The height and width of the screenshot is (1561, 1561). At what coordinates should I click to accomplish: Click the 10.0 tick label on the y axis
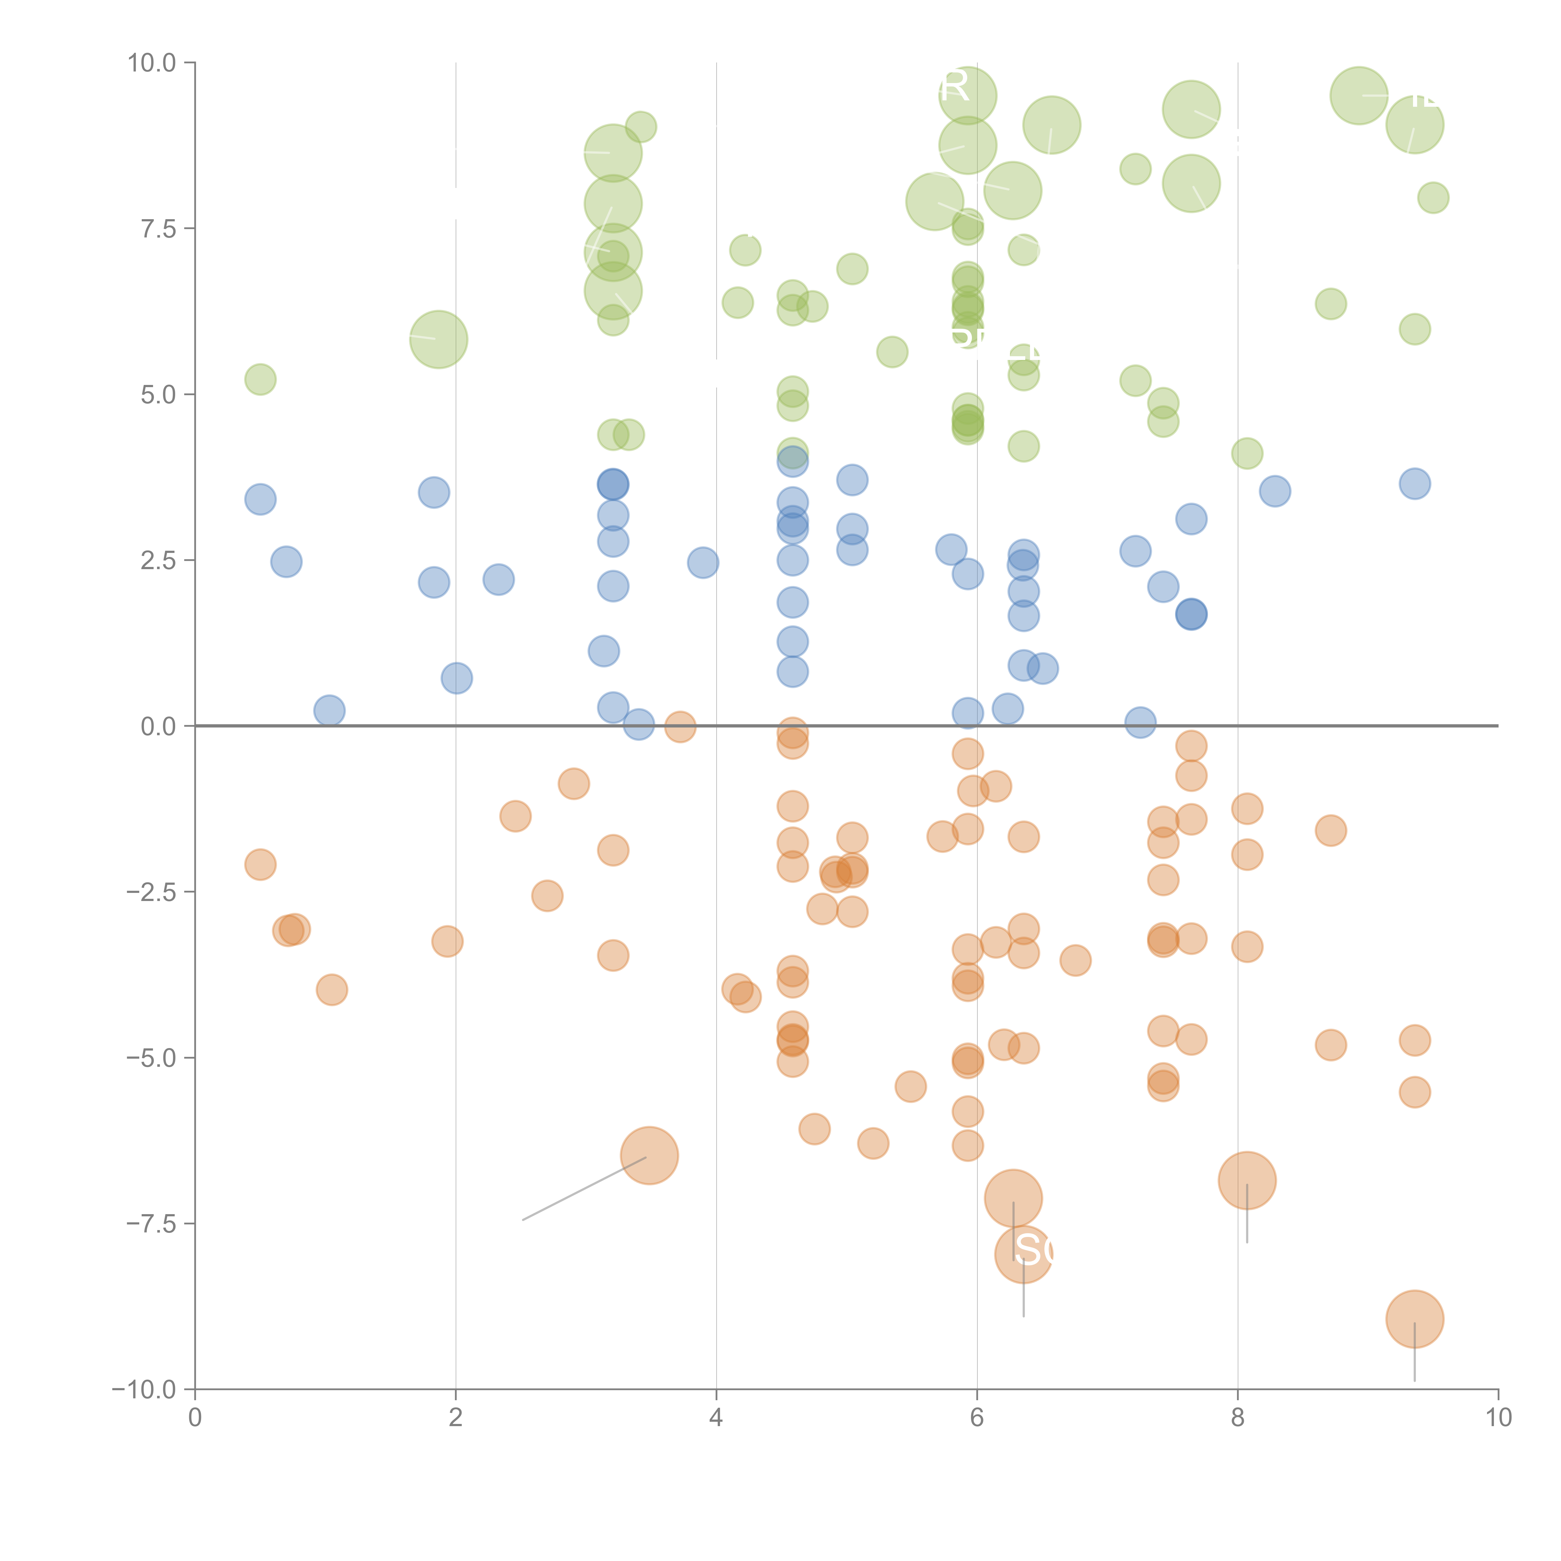coord(152,63)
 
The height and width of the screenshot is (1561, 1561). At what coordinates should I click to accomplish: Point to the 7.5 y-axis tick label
coord(158,229)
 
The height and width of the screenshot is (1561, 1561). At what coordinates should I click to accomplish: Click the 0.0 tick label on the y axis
coord(158,726)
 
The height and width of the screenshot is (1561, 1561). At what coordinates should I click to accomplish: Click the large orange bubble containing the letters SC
coord(1024,1253)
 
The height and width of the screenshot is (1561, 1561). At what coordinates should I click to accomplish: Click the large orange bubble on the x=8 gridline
coord(1247,1180)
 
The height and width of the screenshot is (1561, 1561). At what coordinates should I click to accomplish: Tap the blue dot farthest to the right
coord(1415,484)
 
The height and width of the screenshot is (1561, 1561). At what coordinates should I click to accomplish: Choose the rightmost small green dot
coord(1433,197)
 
